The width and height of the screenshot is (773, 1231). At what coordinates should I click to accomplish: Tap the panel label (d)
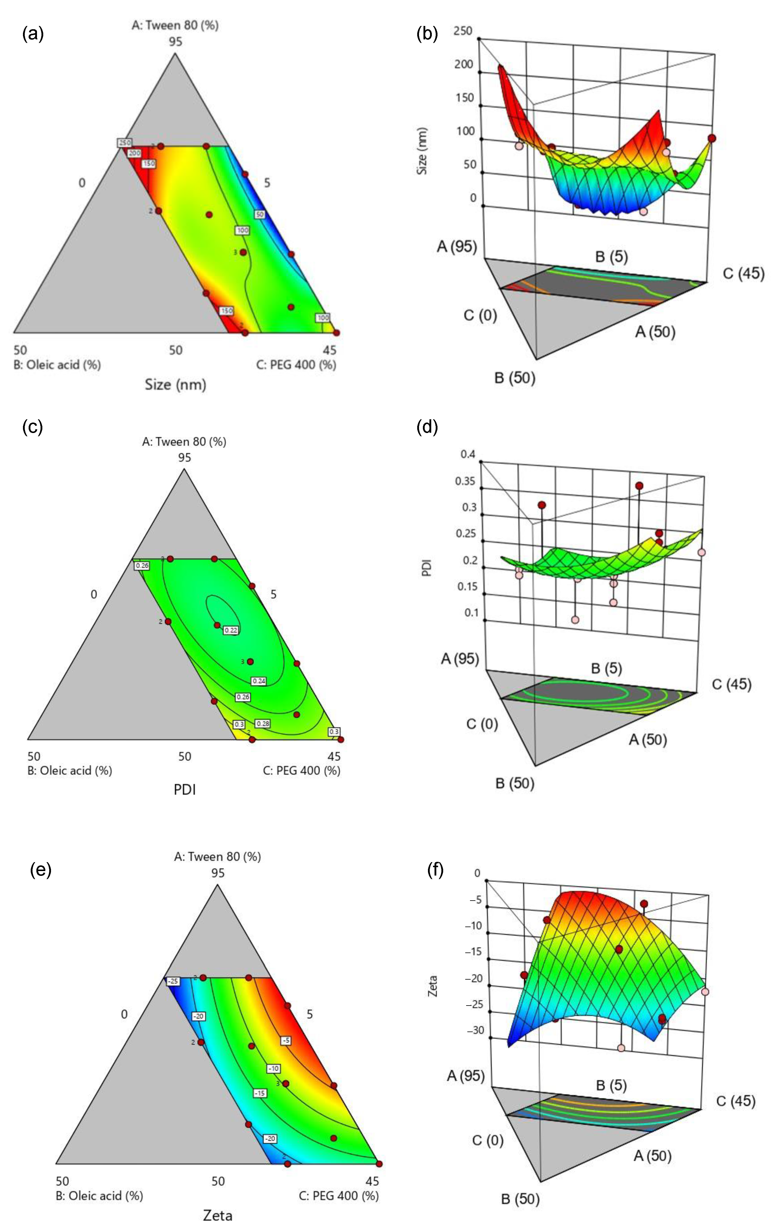427,426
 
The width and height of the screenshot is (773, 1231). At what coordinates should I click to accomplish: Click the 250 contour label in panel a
125,143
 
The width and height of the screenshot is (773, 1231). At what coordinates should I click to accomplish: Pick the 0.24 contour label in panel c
259,681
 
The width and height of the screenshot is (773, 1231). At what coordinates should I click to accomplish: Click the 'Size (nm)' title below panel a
175,384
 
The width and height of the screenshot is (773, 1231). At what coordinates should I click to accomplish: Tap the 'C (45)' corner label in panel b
743,273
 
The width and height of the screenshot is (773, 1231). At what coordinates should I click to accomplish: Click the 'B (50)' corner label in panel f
520,1199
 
